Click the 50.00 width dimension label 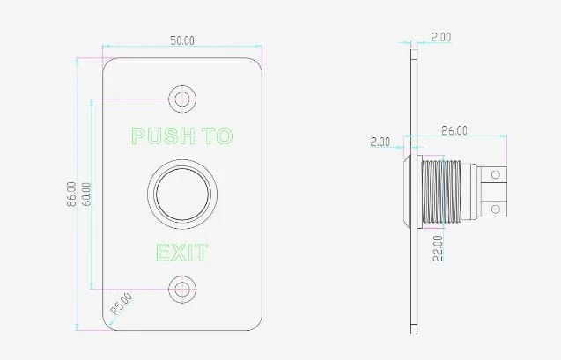(x=182, y=40)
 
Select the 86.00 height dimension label (x=71, y=194)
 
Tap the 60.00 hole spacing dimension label (x=86, y=194)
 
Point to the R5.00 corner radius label (x=122, y=304)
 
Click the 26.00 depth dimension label (x=454, y=130)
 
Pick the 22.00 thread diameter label (x=438, y=248)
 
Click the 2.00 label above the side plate (x=440, y=37)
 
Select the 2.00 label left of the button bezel (x=380, y=142)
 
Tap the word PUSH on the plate (x=164, y=136)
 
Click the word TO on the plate (x=218, y=136)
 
